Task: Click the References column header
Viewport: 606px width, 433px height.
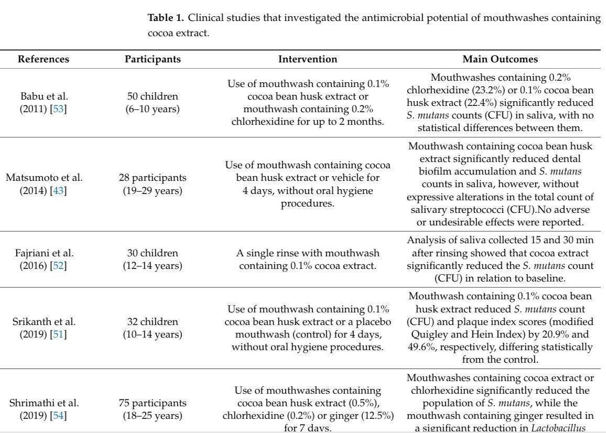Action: (44, 59)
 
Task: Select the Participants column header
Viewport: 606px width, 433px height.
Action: (153, 59)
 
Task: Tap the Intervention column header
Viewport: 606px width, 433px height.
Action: (308, 59)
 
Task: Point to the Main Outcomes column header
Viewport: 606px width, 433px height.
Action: (500, 59)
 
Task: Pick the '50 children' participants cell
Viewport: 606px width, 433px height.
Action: (153, 96)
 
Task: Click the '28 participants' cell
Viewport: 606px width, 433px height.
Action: (153, 178)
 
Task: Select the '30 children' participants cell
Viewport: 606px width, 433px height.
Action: (153, 253)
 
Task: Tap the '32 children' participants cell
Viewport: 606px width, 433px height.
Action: (153, 322)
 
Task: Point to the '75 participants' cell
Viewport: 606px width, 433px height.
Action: (153, 403)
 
